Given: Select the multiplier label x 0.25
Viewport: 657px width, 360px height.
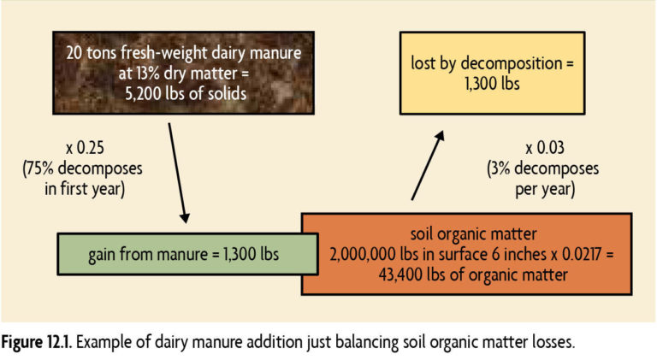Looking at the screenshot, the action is coord(85,148).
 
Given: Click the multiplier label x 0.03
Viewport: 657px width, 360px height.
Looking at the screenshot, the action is coord(545,148).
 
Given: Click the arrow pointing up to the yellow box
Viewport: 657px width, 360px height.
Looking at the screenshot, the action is coord(428,165).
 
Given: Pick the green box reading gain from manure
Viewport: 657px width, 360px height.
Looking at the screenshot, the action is coord(187,254).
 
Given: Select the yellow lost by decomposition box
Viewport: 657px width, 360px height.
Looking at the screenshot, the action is coord(493,73).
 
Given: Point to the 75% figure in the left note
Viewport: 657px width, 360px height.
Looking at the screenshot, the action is coord(38,168).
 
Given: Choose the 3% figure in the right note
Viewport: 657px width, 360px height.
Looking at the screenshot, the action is coord(500,168).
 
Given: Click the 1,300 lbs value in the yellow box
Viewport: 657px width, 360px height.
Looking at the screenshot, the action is coord(493,83).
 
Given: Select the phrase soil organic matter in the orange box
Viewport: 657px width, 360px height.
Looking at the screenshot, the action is coord(473,233).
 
